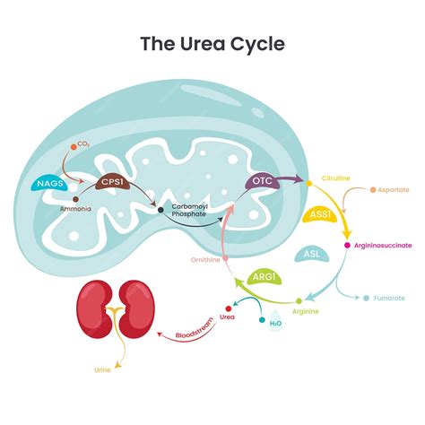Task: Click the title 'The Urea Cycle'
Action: pyautogui.click(x=212, y=42)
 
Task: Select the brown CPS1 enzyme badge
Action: pyautogui.click(x=113, y=181)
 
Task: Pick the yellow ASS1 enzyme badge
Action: pyautogui.click(x=317, y=215)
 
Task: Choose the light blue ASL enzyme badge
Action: pyautogui.click(x=311, y=254)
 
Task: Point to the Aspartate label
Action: pyautogui.click(x=394, y=190)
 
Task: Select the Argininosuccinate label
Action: pyautogui.click(x=383, y=245)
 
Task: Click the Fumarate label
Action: pyautogui.click(x=389, y=298)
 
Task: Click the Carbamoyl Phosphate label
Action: pyautogui.click(x=190, y=211)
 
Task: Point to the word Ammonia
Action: pyautogui.click(x=74, y=208)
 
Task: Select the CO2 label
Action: pyautogui.click(x=84, y=143)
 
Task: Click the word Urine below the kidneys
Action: pyautogui.click(x=104, y=369)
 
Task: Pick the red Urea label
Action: pyautogui.click(x=229, y=316)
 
